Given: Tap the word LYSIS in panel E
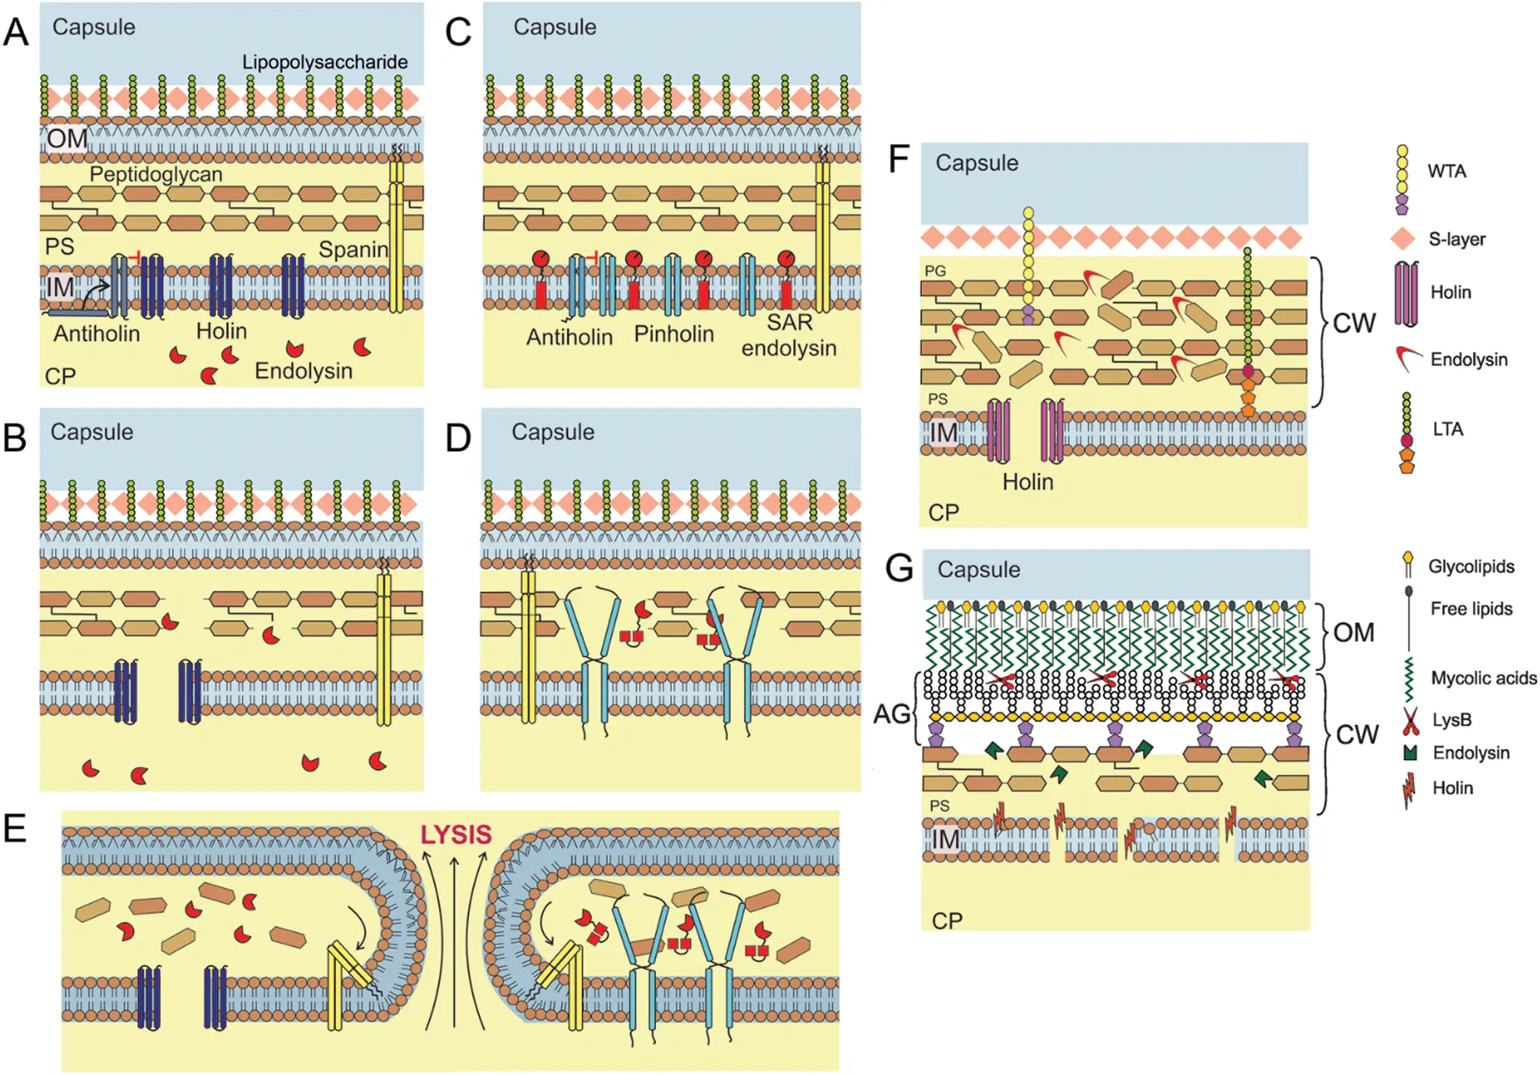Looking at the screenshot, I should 456,835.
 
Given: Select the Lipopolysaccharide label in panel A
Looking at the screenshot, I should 325,62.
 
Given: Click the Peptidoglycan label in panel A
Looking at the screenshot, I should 156,175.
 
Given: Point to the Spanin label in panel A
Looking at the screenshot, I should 353,249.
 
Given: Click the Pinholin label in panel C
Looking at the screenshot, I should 674,334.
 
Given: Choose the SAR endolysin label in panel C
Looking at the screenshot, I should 789,335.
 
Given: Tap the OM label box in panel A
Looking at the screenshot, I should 67,139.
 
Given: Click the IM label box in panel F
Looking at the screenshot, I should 943,432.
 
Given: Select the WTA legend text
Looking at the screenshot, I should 1447,171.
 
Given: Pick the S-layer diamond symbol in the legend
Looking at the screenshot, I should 1403,239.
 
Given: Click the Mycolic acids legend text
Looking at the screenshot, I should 1484,678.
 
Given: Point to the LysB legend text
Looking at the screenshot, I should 1452,720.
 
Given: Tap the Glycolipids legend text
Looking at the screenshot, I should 1471,567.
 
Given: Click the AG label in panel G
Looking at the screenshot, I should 892,714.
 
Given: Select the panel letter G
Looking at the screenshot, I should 899,568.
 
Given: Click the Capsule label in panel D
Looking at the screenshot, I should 553,432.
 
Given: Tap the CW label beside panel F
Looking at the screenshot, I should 1355,323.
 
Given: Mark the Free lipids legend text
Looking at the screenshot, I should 1471,609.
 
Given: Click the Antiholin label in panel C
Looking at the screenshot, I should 569,337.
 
